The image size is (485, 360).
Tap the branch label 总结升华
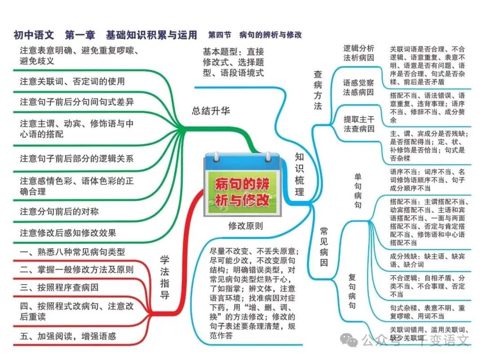pyautogui.click(x=211, y=111)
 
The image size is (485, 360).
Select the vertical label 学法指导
pyautogui.click(x=164, y=277)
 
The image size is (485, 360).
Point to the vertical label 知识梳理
pyautogui.click(x=299, y=175)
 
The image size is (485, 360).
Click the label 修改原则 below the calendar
pyautogui.click(x=246, y=226)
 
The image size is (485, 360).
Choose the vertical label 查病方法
pyautogui.click(x=317, y=90)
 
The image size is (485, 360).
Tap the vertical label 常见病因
pyautogui.click(x=324, y=247)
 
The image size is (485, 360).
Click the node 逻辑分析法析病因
pyautogui.click(x=359, y=53)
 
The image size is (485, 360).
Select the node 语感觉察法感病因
pyautogui.click(x=358, y=88)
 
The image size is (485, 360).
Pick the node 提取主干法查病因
pyautogui.click(x=359, y=124)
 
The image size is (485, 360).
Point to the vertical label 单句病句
pyautogui.click(x=358, y=191)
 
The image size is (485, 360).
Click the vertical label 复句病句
pyautogui.click(x=352, y=291)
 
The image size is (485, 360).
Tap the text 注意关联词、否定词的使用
pyautogui.click(x=72, y=81)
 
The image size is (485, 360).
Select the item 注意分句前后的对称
pyautogui.click(x=59, y=211)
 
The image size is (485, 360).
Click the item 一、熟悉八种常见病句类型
pyautogui.click(x=72, y=252)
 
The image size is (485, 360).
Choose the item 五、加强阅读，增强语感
pyautogui.click(x=68, y=336)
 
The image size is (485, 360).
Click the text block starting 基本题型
pyautogui.click(x=234, y=62)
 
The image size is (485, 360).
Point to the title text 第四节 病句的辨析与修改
pyautogui.click(x=255, y=35)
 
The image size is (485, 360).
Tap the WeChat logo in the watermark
pyautogui.click(x=349, y=340)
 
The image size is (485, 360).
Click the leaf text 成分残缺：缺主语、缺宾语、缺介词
pyautogui.click(x=427, y=260)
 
